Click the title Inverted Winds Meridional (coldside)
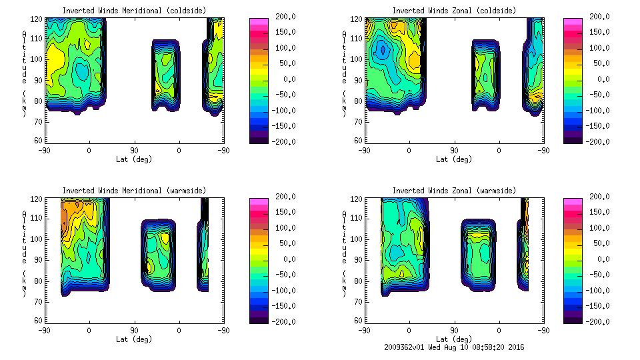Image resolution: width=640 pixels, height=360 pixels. click(x=134, y=11)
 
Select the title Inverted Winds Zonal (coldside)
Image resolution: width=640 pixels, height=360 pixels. click(x=454, y=11)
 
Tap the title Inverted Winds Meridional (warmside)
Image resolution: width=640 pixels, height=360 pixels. click(x=134, y=191)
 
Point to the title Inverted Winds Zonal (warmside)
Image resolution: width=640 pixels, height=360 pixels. click(x=454, y=191)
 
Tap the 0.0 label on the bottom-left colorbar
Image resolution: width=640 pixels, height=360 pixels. click(x=287, y=259)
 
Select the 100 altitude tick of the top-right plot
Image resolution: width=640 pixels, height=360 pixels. click(x=359, y=59)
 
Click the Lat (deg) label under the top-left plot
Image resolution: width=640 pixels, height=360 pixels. click(x=134, y=159)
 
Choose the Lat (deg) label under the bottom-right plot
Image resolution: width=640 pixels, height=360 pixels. click(x=454, y=339)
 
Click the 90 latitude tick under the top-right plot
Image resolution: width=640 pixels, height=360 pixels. click(x=454, y=150)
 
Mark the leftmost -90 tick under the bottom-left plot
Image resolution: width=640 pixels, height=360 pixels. click(x=44, y=330)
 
